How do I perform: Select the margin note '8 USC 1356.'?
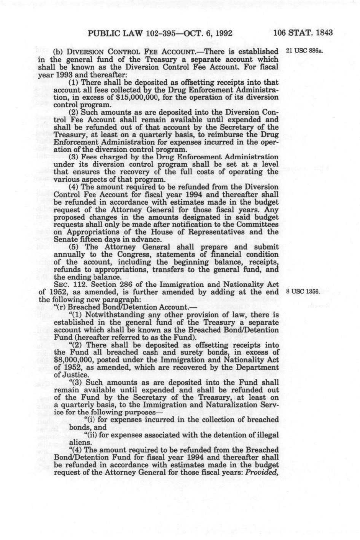[303, 292]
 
